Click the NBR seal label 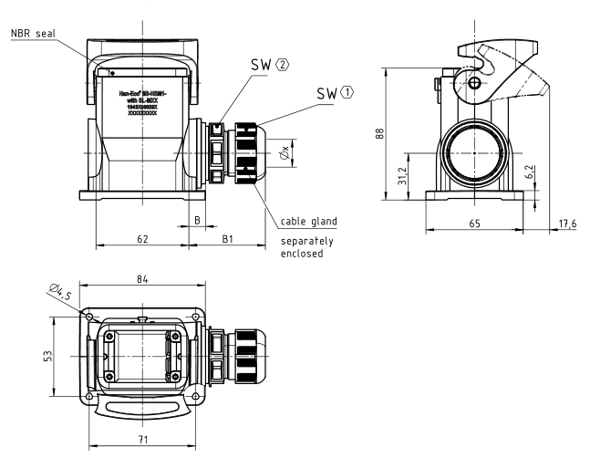point(35,35)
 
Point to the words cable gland point(310,221)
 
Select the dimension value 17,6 point(568,224)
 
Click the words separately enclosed point(308,247)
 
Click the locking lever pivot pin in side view point(474,84)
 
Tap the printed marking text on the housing point(143,101)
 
